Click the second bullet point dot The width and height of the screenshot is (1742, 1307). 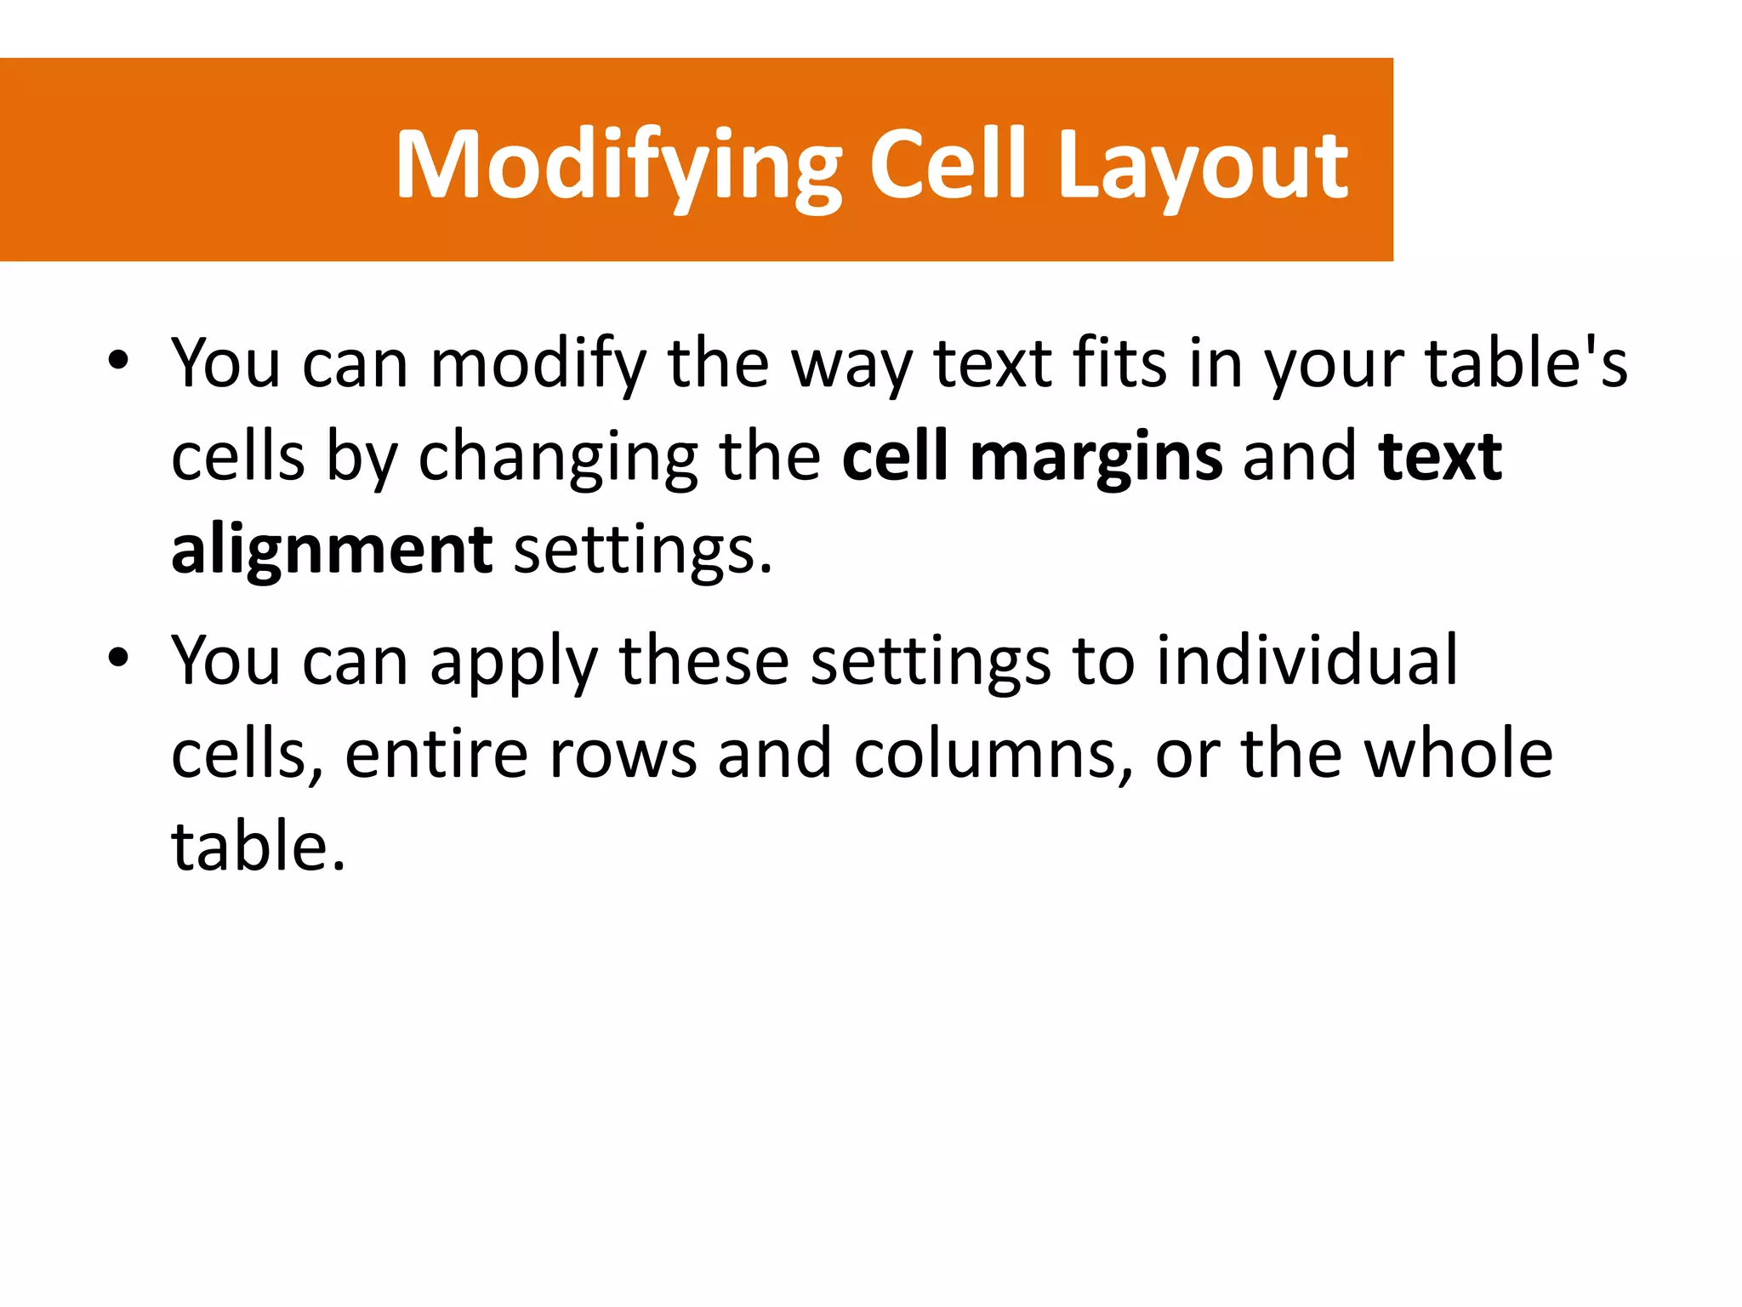point(118,658)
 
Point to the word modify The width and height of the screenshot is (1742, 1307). point(538,364)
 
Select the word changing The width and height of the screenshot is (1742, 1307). point(558,458)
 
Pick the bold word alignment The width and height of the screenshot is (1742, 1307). point(332,551)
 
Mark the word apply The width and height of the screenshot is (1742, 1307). point(514,662)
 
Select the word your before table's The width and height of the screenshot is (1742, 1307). point(1335,364)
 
